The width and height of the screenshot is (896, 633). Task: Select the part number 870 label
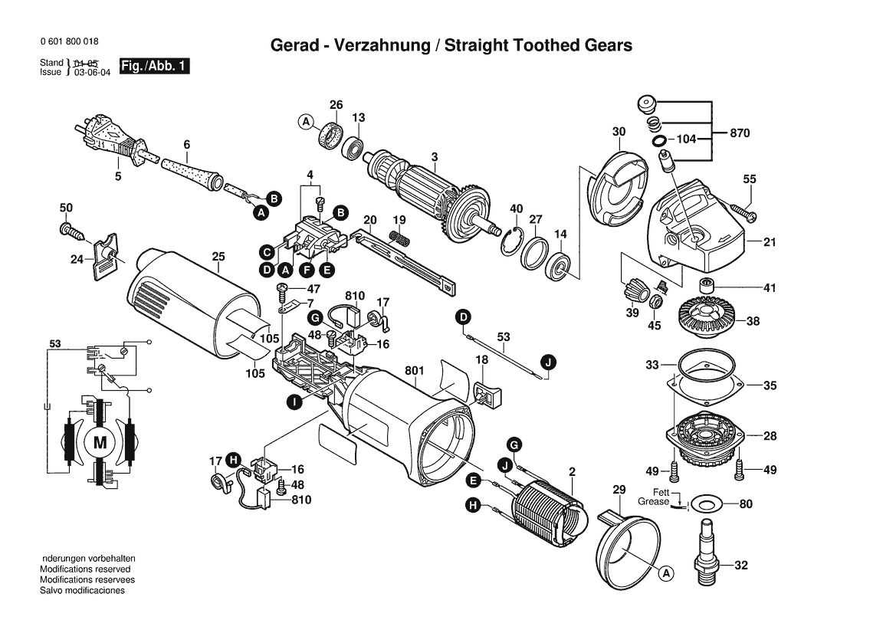coord(740,133)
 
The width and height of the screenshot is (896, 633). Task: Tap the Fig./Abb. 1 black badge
coord(154,67)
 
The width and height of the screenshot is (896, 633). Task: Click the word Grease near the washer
coord(653,502)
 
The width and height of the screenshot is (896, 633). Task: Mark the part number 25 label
coord(218,256)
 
